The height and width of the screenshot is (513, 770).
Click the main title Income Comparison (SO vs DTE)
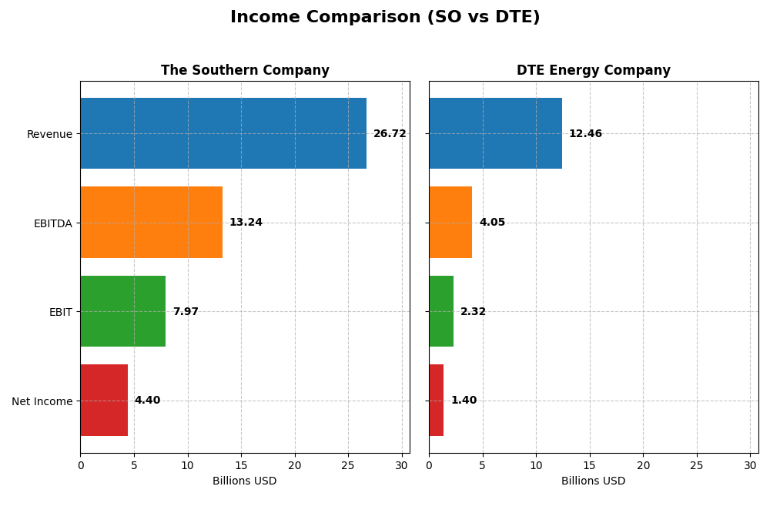pyautogui.click(x=385, y=17)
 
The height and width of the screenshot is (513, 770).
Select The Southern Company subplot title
pyautogui.click(x=245, y=71)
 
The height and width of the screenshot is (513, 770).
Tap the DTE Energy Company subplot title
pyautogui.click(x=593, y=71)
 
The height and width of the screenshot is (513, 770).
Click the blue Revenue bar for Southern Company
pyautogui.click(x=223, y=133)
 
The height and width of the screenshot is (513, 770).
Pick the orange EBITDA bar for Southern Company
pyautogui.click(x=151, y=223)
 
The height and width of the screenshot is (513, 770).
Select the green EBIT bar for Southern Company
pyautogui.click(x=122, y=311)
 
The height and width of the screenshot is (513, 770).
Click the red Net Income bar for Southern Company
pyautogui.click(x=104, y=401)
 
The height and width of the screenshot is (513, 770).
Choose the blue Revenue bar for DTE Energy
pyautogui.click(x=495, y=133)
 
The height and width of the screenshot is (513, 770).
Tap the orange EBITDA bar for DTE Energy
pyautogui.click(x=450, y=223)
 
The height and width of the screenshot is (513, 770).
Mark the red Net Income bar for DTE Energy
pyautogui.click(x=437, y=401)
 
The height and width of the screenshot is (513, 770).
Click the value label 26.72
pyautogui.click(x=390, y=134)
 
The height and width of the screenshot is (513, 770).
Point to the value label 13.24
pyautogui.click(x=246, y=223)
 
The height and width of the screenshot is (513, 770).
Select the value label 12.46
pyautogui.click(x=585, y=134)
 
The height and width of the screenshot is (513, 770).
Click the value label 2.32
pyautogui.click(x=473, y=312)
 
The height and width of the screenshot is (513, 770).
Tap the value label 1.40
pyautogui.click(x=464, y=401)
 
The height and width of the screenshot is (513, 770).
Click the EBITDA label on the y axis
pyautogui.click(x=52, y=223)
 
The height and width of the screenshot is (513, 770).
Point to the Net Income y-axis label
pyautogui.click(x=42, y=401)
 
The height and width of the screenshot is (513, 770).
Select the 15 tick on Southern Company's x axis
pyautogui.click(x=241, y=465)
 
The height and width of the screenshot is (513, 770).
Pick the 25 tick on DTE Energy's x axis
pyautogui.click(x=697, y=465)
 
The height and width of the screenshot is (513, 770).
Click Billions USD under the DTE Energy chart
pyautogui.click(x=593, y=481)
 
